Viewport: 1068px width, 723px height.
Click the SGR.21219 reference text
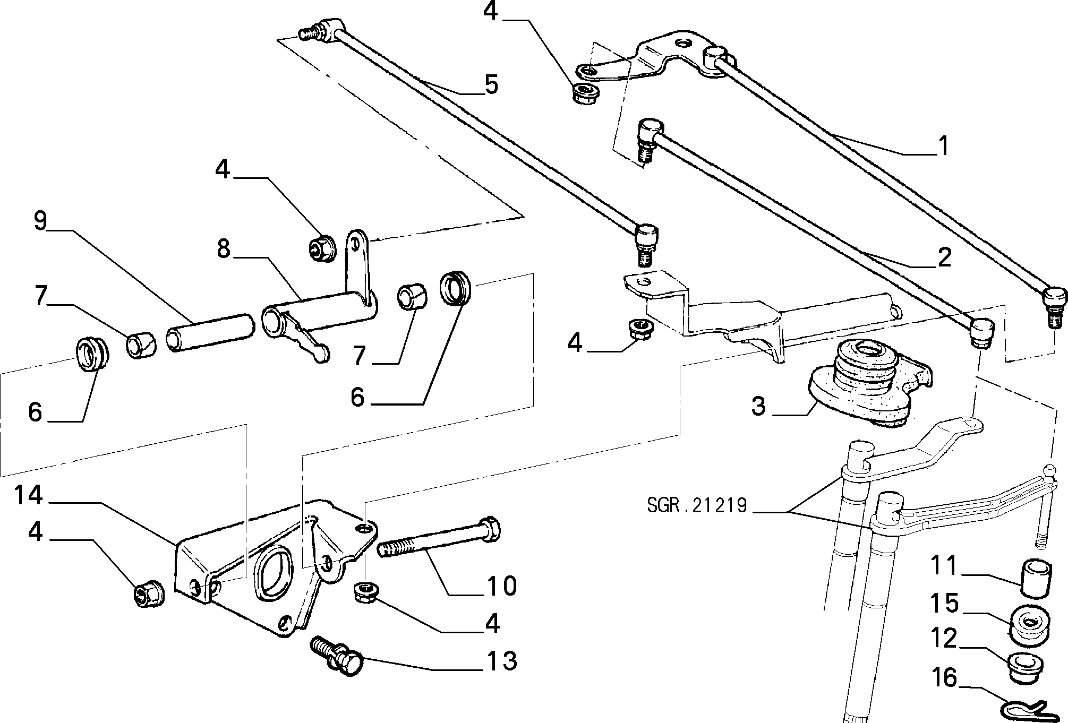pyautogui.click(x=697, y=505)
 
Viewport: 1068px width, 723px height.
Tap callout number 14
pyautogui.click(x=28, y=495)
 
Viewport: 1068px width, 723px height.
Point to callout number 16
pyautogui.click(x=943, y=678)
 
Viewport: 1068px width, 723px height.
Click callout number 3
pyautogui.click(x=759, y=406)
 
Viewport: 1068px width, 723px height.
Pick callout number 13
pyautogui.click(x=502, y=661)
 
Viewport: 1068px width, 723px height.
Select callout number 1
pyautogui.click(x=943, y=145)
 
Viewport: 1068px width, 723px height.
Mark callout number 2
pyautogui.click(x=944, y=257)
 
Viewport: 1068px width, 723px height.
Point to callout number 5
pyautogui.click(x=491, y=85)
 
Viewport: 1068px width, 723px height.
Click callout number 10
pyautogui.click(x=502, y=587)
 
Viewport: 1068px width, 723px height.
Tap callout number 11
pyautogui.click(x=943, y=566)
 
